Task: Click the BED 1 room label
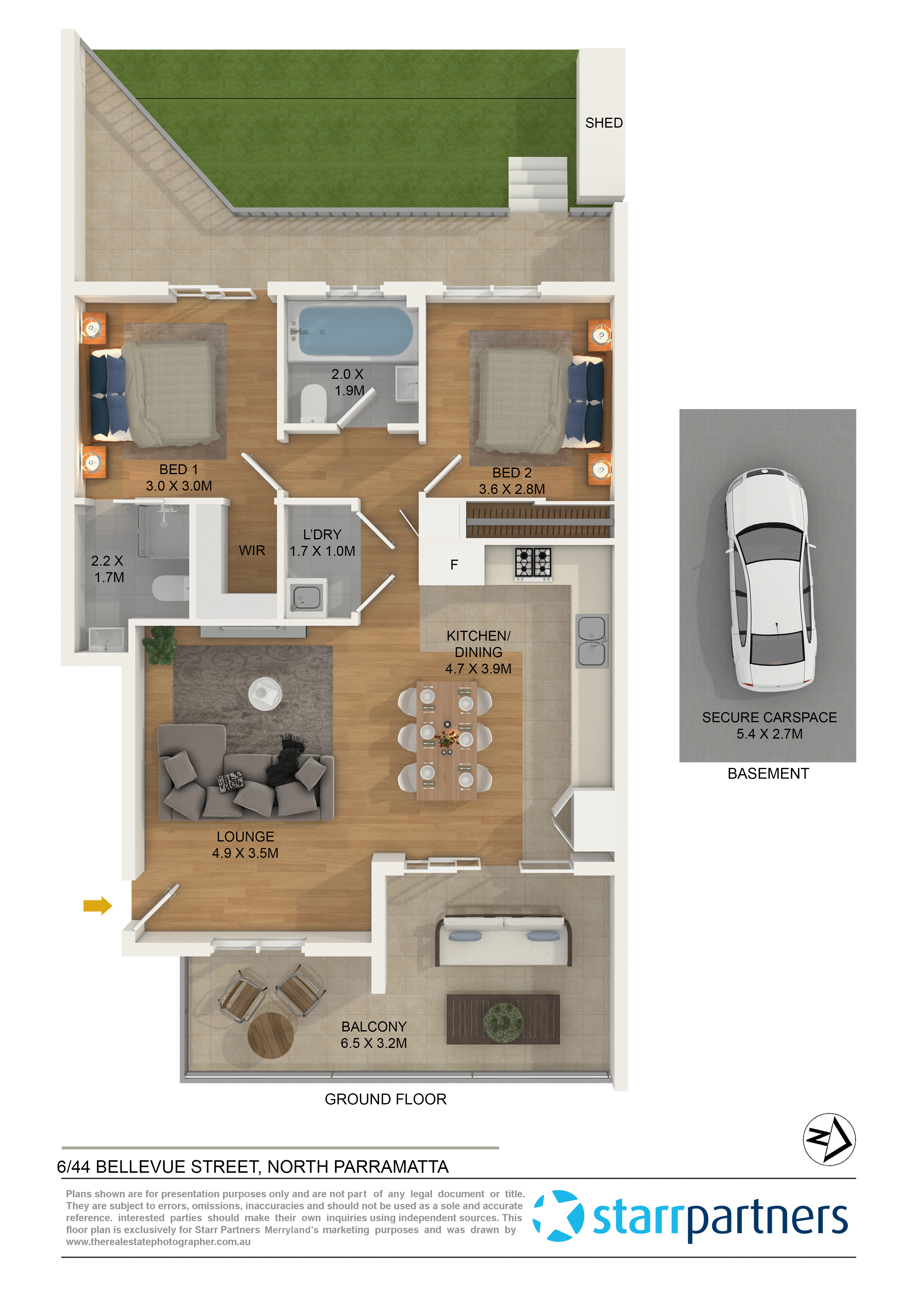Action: [179, 469]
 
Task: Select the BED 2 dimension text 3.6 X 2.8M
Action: [511, 489]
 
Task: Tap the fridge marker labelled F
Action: [453, 564]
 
